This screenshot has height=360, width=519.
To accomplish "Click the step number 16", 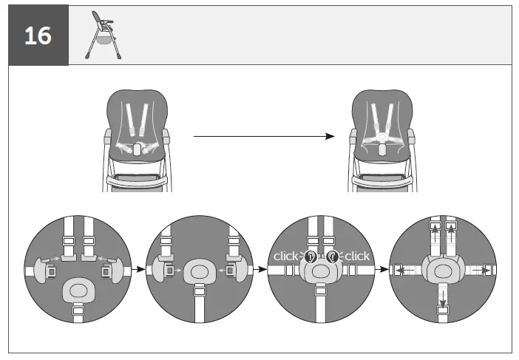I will (x=38, y=35).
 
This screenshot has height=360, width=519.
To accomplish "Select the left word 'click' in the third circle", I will (x=285, y=256).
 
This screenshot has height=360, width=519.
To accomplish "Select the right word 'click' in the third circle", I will (x=357, y=256).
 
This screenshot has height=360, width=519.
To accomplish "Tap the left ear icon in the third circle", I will (x=310, y=257).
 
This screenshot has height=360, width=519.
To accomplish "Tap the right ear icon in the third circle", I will (x=333, y=257).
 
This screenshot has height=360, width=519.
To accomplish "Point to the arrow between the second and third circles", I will (x=259, y=271).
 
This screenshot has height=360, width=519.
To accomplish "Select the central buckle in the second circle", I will (x=198, y=271).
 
